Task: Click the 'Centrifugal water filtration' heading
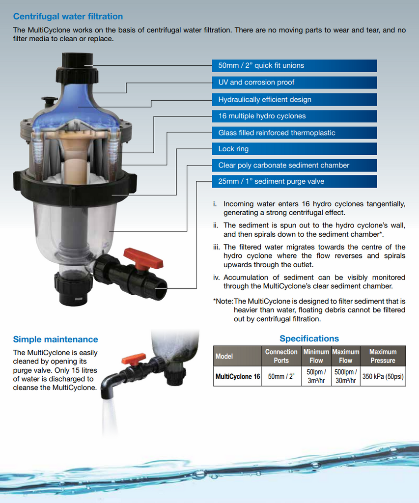coord(68,17)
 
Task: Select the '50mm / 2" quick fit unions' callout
coord(261,66)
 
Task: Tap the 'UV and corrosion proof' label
coord(256,83)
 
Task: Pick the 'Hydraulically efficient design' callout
coord(264,100)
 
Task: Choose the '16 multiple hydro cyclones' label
coord(262,116)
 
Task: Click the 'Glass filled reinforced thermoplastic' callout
coord(277,133)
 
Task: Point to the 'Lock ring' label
coord(233,149)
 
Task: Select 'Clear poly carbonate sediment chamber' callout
coord(283,166)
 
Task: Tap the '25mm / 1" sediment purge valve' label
coord(271,182)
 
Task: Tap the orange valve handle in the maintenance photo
coord(134,359)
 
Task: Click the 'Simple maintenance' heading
coord(56,339)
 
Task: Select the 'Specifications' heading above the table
coord(309,338)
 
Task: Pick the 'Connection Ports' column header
coord(281,356)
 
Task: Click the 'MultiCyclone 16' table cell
coord(238,377)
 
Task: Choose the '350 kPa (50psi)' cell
coord(383,377)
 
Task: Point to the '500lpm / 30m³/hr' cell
coord(346,377)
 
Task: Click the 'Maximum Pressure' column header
coord(383,356)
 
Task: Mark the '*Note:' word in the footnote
coord(223,301)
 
